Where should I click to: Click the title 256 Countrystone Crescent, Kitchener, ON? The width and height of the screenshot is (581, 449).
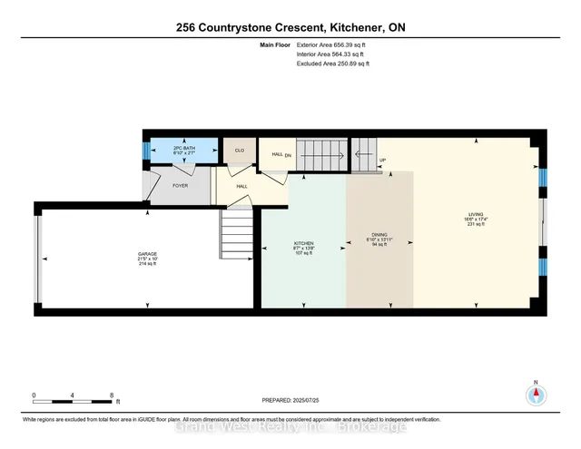point(290,27)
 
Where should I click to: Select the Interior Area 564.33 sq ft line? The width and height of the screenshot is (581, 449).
point(331,54)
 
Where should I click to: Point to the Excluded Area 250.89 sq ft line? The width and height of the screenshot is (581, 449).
point(332,63)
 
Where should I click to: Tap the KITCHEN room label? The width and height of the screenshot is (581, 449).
point(302,244)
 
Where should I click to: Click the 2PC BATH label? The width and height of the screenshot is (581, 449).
point(183,148)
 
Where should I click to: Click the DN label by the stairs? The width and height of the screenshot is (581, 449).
point(289,154)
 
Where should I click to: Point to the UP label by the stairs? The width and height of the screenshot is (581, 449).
point(382,160)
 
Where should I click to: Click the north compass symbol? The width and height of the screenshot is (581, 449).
point(535,395)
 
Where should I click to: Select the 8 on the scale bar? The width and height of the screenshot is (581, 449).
point(111,395)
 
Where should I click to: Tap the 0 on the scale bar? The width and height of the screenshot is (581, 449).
point(34,395)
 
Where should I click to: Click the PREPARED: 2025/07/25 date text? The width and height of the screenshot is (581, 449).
point(290,401)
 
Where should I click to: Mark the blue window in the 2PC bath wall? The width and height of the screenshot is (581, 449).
point(145,148)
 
